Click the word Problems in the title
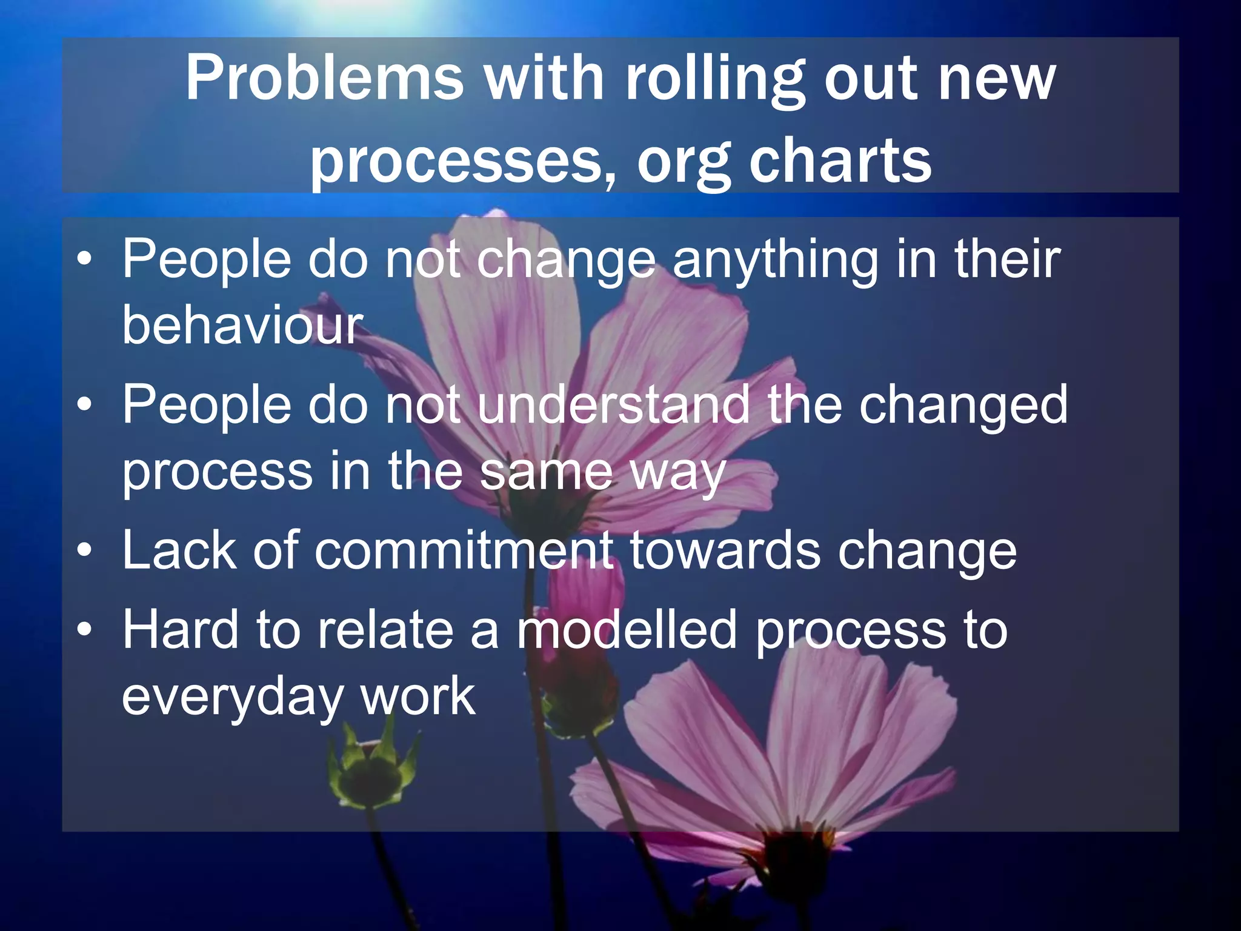tap(324, 79)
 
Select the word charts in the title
tap(840, 161)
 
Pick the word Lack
tap(179, 550)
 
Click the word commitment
tap(464, 550)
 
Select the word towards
tap(725, 550)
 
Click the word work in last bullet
tap(418, 697)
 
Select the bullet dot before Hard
tap(85, 630)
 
